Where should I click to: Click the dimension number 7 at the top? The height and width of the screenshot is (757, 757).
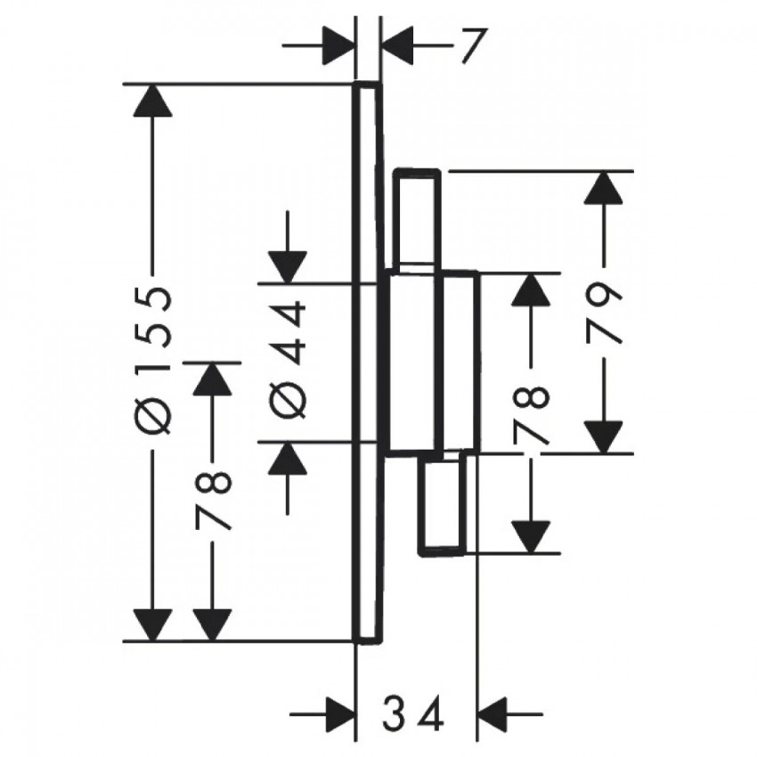[x=472, y=45]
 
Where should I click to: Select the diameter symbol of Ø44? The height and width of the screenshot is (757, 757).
[x=288, y=400]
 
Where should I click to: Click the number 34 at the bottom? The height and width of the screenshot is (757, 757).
[x=412, y=712]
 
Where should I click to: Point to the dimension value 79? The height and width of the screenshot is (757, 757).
[x=604, y=313]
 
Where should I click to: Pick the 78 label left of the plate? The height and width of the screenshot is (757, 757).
[x=213, y=501]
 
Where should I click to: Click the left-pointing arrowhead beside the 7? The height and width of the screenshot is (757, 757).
[x=397, y=45]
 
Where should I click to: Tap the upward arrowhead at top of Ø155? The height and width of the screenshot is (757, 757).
[x=152, y=101]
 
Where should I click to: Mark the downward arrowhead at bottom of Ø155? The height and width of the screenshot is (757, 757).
[x=152, y=626]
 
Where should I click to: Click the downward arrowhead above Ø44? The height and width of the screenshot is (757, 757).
[x=288, y=267]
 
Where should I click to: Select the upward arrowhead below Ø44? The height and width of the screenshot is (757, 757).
[x=288, y=458]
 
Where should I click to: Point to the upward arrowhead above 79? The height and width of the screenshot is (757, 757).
[x=604, y=187]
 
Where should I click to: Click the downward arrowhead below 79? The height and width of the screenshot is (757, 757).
[x=604, y=437]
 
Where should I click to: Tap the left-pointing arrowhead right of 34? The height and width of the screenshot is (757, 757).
[x=493, y=713]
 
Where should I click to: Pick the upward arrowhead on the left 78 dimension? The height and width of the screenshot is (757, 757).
[x=213, y=378]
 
